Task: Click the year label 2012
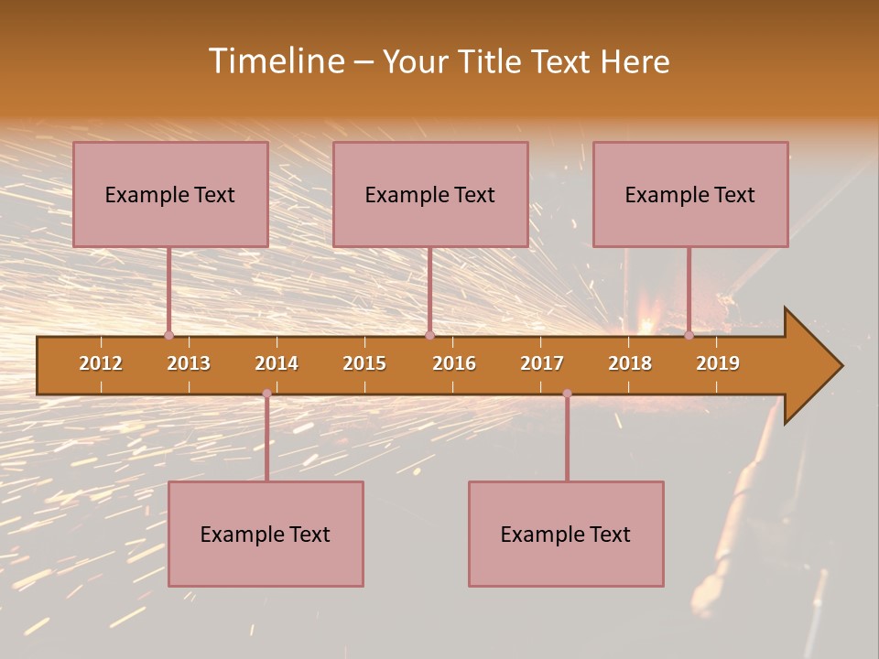click(101, 363)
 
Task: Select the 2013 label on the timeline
click(189, 363)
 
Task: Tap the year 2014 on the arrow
click(277, 363)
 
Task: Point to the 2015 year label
click(364, 363)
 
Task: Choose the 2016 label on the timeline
click(454, 363)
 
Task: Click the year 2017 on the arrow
click(542, 363)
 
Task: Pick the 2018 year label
click(630, 363)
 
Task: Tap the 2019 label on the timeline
click(718, 363)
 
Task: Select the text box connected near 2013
click(170, 194)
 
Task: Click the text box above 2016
click(430, 194)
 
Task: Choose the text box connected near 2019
click(690, 194)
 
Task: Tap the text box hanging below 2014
click(266, 534)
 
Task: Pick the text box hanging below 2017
click(566, 534)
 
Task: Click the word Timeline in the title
click(276, 61)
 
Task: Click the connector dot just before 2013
click(168, 335)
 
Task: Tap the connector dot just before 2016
click(429, 335)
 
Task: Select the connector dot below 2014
click(266, 394)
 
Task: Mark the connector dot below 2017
click(567, 394)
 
